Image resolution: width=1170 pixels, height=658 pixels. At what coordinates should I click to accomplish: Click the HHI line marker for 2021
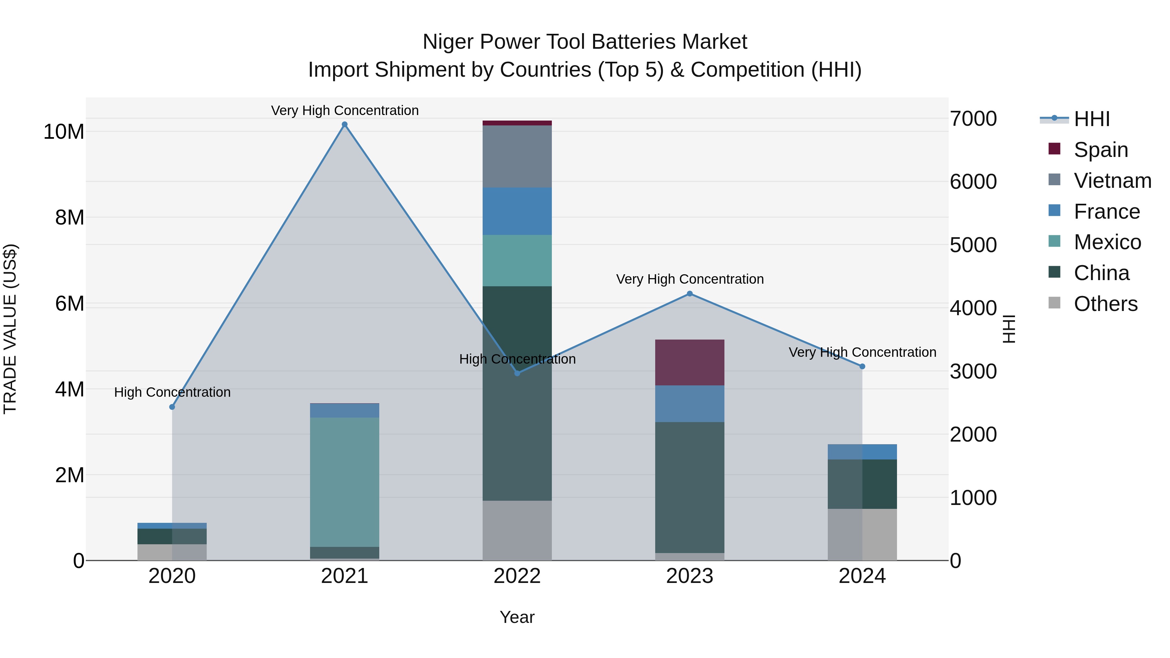point(344,124)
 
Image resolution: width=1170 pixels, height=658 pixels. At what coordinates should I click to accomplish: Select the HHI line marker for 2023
point(689,294)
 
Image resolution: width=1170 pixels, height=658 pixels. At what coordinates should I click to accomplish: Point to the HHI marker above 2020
point(172,407)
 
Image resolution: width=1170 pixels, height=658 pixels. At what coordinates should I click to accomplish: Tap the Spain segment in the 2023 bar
point(689,362)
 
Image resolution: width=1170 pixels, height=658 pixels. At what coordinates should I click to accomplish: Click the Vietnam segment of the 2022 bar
point(517,156)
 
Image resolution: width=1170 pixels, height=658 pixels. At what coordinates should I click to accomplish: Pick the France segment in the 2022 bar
point(517,211)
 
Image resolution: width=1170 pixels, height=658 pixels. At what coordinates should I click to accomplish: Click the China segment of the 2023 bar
point(689,487)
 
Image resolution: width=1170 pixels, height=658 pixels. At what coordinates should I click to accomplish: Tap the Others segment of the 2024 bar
point(862,535)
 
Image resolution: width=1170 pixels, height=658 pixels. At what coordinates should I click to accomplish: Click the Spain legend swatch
point(1054,149)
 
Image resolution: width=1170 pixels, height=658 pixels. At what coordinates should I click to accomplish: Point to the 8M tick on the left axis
point(70,217)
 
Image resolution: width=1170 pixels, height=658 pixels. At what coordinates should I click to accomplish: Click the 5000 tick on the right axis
point(973,245)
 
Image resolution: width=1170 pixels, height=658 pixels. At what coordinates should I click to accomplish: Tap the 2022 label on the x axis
point(517,576)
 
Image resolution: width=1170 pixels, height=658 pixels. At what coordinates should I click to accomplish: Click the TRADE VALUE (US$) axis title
point(10,329)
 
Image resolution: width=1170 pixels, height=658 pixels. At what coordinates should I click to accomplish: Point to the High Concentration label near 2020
point(172,392)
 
